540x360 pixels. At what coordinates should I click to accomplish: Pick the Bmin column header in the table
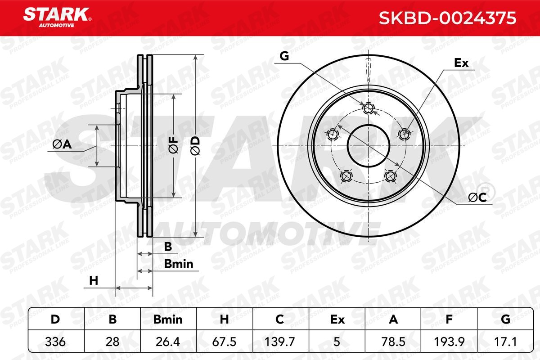(x=168, y=319)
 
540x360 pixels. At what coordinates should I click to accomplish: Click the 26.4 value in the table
(x=168, y=342)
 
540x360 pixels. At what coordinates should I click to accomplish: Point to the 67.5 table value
(x=225, y=342)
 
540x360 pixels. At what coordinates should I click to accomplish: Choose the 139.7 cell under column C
(x=280, y=342)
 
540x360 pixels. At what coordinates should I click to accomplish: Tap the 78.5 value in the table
(x=393, y=342)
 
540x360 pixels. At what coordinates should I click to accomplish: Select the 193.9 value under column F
(x=449, y=342)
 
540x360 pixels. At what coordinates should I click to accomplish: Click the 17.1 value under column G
(x=505, y=342)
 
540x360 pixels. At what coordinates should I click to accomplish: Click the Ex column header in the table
(x=337, y=319)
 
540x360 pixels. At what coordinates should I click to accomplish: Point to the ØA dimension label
(x=62, y=144)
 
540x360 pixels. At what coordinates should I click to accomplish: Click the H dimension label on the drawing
(x=94, y=281)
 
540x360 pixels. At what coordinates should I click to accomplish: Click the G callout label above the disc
(x=283, y=56)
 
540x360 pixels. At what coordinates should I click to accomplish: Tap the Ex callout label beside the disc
(x=461, y=63)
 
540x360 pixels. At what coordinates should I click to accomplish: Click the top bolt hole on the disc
(x=369, y=107)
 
